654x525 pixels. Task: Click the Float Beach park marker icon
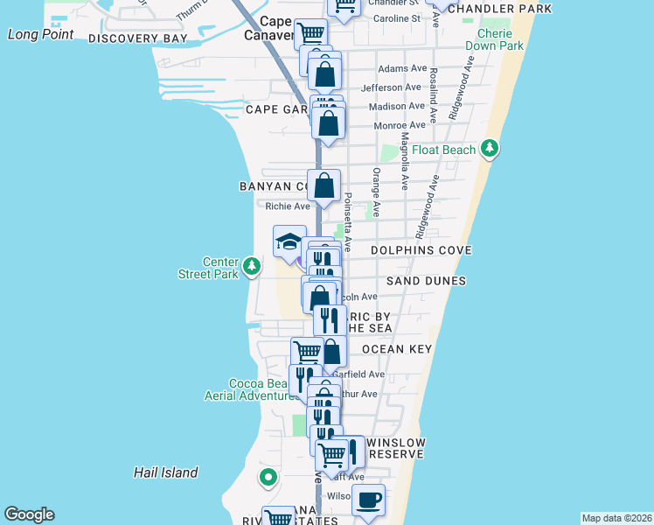point(492,150)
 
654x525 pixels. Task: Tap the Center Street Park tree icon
point(252,265)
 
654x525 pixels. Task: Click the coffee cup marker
point(369,500)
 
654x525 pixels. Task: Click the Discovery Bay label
point(137,39)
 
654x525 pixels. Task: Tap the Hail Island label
point(165,472)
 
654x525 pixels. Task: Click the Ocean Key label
point(396,349)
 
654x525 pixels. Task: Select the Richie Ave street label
point(288,206)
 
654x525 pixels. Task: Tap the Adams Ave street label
point(402,68)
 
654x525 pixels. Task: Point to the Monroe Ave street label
point(399,126)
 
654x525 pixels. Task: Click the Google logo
point(29,514)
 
